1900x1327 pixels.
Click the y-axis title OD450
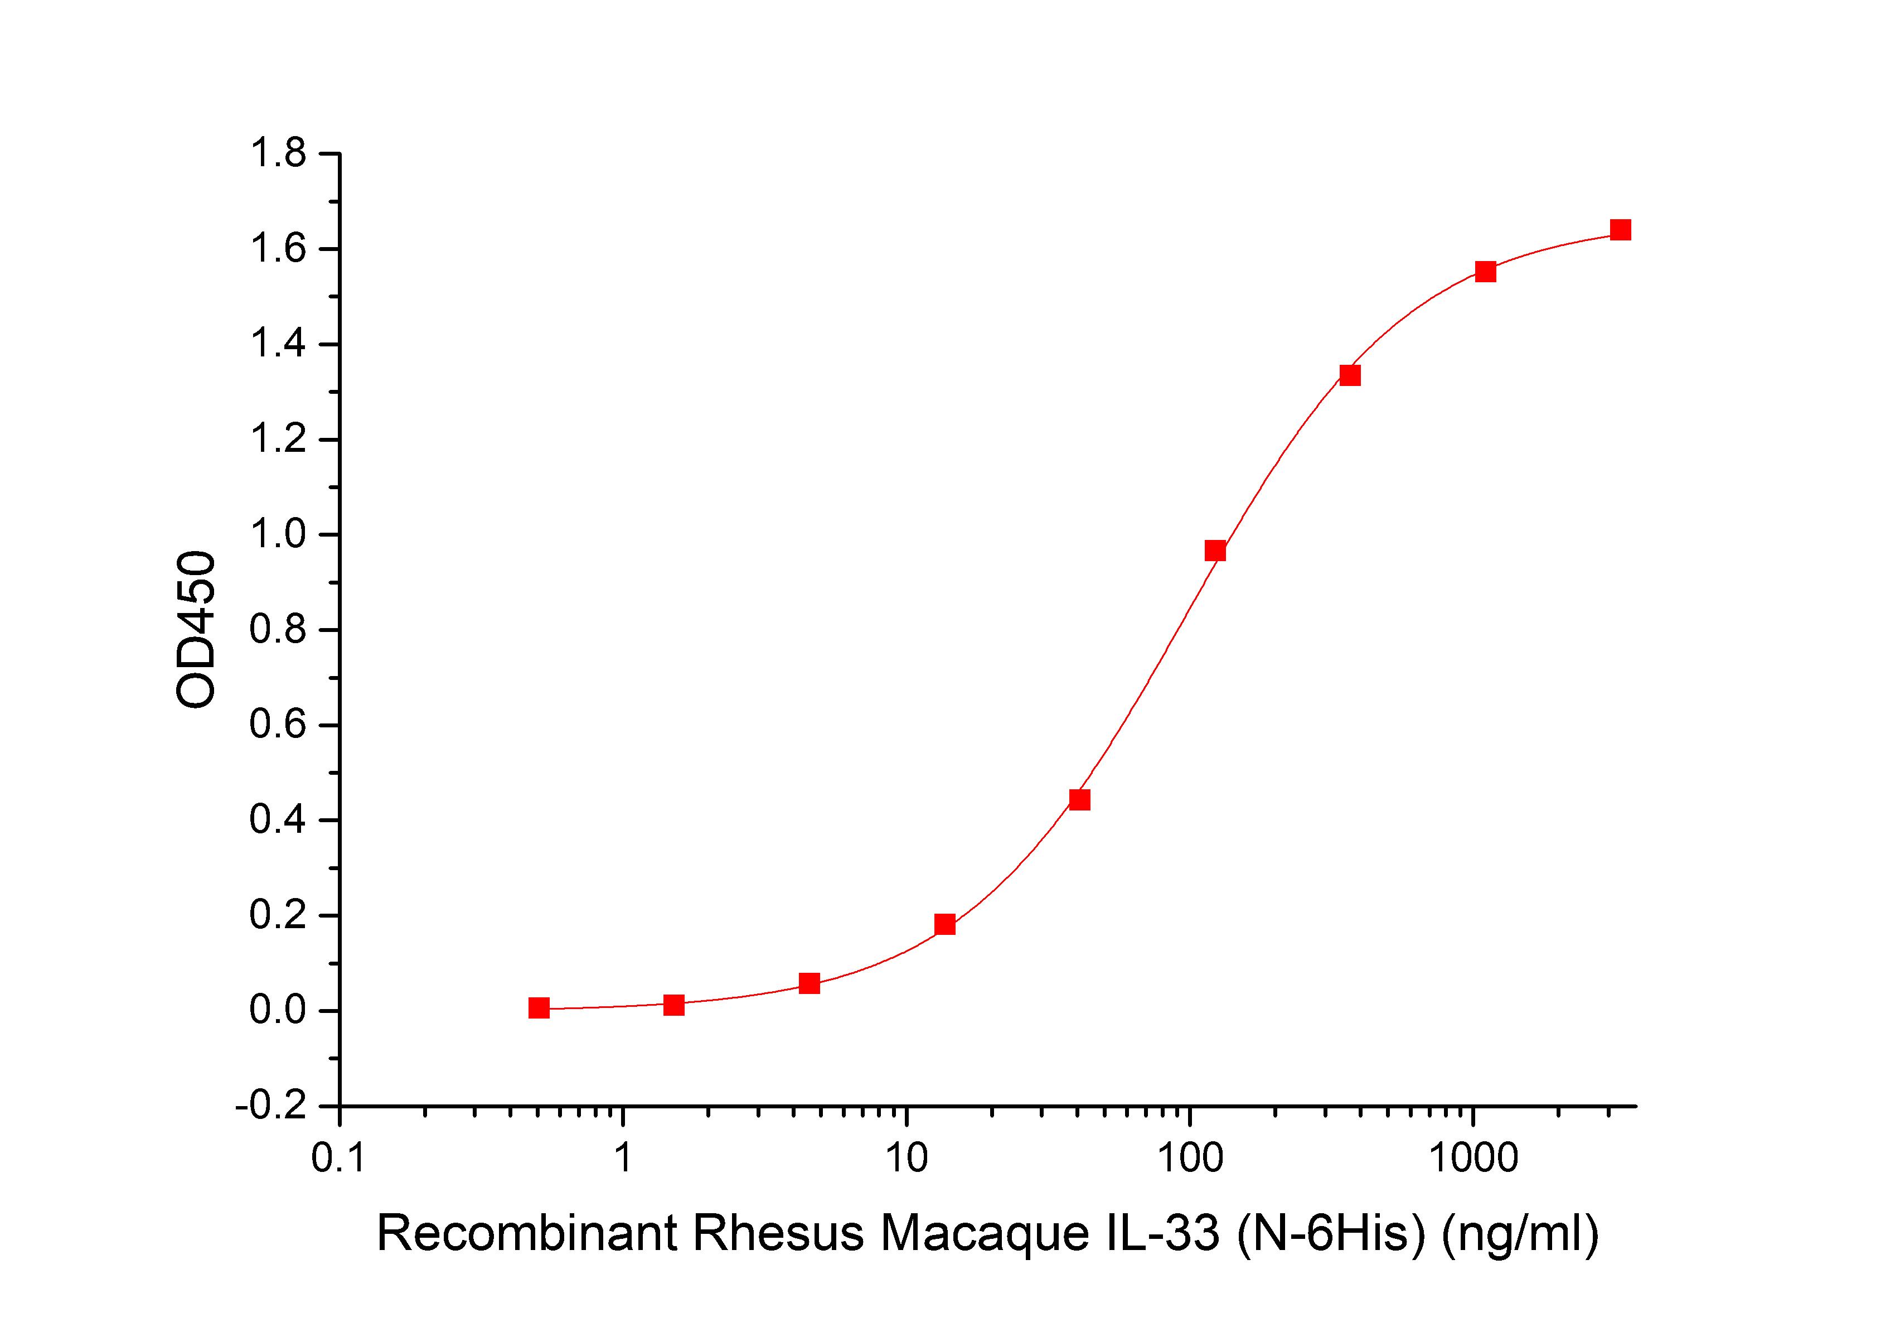(x=196, y=630)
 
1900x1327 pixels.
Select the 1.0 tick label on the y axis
(x=278, y=535)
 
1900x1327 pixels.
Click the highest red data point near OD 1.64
(x=1620, y=230)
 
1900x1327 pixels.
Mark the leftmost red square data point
(x=539, y=1007)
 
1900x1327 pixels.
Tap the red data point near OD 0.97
(x=1215, y=551)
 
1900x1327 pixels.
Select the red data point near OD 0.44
(x=1079, y=800)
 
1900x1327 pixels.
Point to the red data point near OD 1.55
(x=1485, y=272)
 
